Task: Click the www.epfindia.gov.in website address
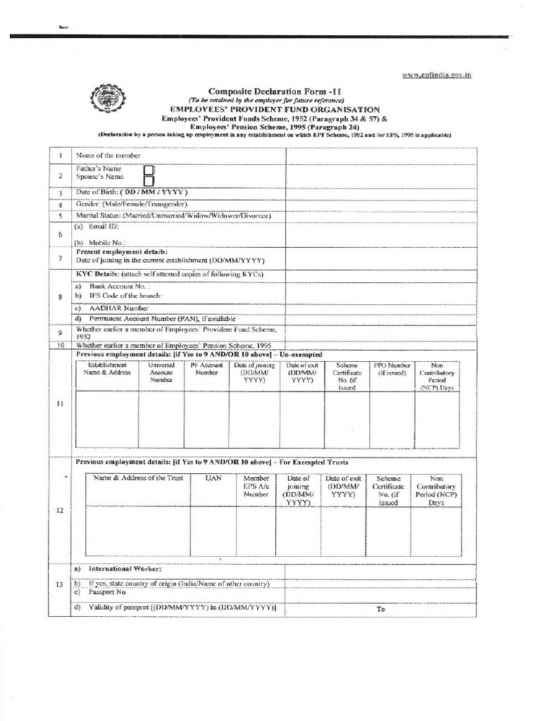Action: tap(437, 75)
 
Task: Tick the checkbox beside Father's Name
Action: tap(149, 170)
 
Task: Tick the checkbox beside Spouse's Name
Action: tap(149, 180)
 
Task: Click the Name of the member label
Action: tap(108, 155)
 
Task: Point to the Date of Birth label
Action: tap(132, 192)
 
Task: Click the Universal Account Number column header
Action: tap(161, 372)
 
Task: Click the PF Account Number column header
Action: tap(206, 369)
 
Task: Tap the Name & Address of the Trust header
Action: tap(138, 478)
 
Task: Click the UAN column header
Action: tap(213, 478)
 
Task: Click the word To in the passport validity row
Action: tap(380, 609)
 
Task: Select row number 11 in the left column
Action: tap(60, 403)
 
